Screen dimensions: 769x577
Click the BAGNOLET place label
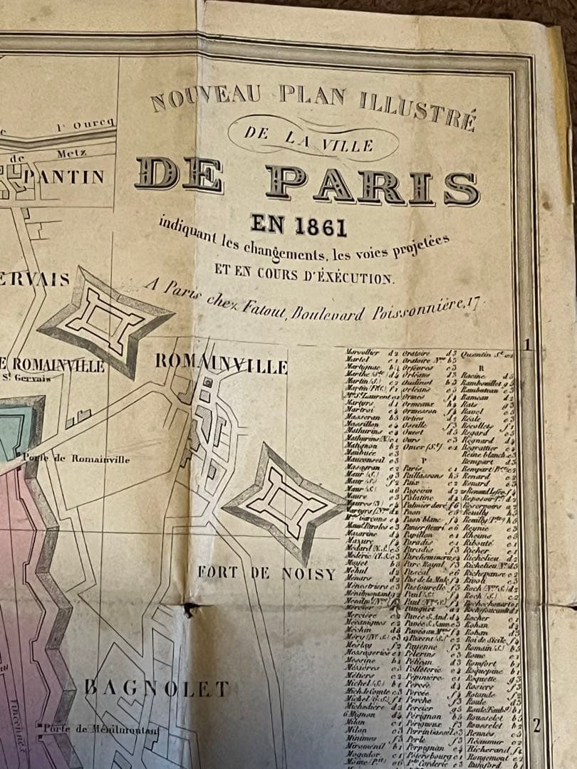(x=157, y=688)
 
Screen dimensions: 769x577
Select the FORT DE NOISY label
(x=266, y=573)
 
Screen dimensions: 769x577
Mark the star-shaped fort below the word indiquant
(x=105, y=321)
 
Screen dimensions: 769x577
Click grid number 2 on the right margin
(x=536, y=725)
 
